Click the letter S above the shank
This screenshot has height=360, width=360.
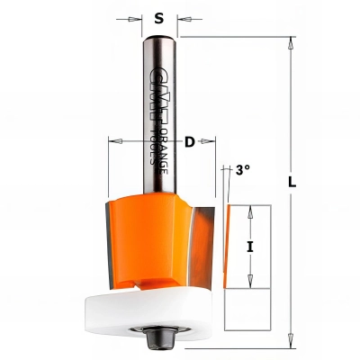tap(159, 16)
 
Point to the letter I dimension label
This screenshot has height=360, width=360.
tap(251, 244)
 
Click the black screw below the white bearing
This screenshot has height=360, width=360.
tap(162, 342)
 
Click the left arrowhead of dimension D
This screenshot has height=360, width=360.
tap(112, 140)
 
